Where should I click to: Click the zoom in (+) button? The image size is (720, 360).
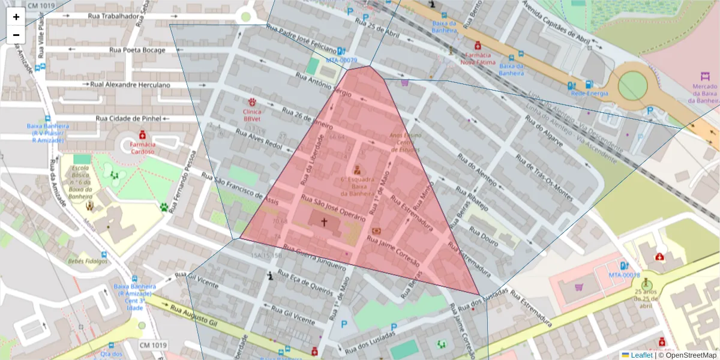pos(16,17)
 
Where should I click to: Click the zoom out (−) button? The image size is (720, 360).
pos(16,34)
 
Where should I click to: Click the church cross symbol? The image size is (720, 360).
pos(324,222)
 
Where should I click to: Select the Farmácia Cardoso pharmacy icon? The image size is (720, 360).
pos(143,134)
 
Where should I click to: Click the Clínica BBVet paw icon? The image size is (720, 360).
pos(253,103)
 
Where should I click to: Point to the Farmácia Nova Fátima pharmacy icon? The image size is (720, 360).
pos(478,45)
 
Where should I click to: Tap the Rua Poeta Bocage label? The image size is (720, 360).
pos(137,50)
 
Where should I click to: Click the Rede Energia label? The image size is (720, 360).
pos(589,93)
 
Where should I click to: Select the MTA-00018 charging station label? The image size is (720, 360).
pos(625,275)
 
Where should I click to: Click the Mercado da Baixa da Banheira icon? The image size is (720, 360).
pos(705,77)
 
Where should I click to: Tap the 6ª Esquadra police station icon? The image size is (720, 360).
pos(358,169)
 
